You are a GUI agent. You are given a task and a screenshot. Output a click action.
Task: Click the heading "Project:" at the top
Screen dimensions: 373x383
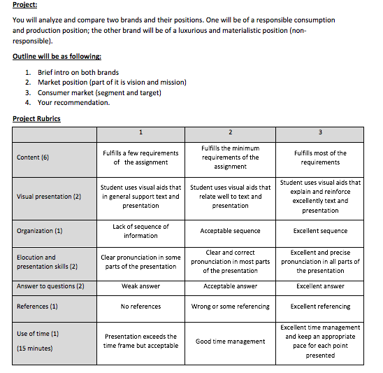[26, 6]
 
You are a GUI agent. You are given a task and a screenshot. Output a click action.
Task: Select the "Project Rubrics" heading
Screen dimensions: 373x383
[36, 118]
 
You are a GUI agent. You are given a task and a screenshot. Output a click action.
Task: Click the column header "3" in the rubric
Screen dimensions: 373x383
[320, 132]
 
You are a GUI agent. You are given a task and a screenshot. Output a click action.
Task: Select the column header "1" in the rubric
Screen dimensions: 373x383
[140, 132]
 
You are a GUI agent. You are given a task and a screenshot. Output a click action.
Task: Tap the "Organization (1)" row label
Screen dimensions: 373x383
[40, 230]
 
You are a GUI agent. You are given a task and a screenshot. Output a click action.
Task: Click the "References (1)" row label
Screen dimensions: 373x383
[38, 307]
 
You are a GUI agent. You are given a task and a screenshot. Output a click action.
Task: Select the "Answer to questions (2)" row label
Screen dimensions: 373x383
[50, 286]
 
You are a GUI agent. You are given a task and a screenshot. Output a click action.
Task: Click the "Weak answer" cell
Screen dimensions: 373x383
[140, 286]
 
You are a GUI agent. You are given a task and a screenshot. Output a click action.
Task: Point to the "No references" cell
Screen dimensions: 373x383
[140, 307]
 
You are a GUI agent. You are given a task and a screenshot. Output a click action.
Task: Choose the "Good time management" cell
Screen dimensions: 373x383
[230, 342]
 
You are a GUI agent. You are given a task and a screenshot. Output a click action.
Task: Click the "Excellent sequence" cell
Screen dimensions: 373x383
[320, 230]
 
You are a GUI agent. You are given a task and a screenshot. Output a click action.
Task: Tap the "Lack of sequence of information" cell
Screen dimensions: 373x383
[140, 231]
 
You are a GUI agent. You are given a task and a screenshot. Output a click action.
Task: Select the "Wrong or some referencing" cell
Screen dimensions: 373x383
[230, 307]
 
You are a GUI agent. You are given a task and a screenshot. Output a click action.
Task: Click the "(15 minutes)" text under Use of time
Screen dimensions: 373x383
[36, 348]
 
